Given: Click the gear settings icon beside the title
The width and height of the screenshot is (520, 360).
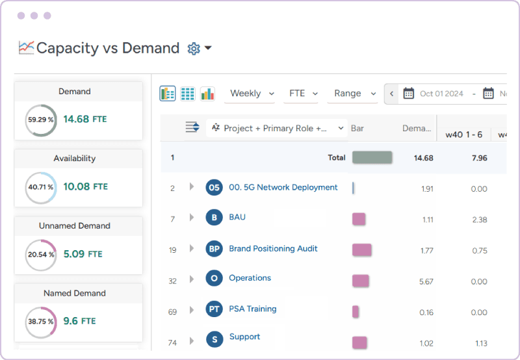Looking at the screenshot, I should click(x=193, y=49).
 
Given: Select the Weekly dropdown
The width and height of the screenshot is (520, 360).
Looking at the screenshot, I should click(x=252, y=94).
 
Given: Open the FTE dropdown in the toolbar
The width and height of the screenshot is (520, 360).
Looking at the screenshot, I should click(x=303, y=94).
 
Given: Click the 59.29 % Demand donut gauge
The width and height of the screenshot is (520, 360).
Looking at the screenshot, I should click(x=41, y=120).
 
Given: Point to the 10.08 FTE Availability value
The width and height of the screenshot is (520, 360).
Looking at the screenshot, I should click(x=85, y=187).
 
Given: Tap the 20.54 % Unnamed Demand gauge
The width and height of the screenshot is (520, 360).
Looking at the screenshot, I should click(x=41, y=255).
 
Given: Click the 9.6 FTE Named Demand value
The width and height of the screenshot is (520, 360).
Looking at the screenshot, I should click(x=79, y=321).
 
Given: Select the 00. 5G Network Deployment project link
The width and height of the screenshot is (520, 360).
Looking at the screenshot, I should click(x=283, y=188).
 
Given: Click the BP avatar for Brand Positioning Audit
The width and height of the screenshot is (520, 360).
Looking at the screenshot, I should click(x=214, y=249).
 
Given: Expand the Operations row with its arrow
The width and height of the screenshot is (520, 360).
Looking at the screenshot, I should click(x=192, y=279).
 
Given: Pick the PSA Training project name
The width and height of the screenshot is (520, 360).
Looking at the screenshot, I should click(x=252, y=309).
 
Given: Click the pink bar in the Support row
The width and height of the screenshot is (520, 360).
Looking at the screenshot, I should click(x=359, y=342).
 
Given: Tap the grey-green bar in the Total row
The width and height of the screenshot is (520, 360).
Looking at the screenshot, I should click(x=372, y=157).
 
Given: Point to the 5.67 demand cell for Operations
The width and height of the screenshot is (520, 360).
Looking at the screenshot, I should click(x=426, y=281).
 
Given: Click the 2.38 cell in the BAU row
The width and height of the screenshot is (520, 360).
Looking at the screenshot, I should click(x=479, y=220).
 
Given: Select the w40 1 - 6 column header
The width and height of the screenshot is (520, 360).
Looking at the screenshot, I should click(x=463, y=135).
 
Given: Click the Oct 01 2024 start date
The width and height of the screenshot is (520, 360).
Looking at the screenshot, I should click(x=441, y=94).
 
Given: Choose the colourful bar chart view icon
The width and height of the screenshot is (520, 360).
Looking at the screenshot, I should click(x=207, y=94).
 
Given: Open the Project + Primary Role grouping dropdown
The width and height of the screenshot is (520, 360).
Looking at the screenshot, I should click(x=277, y=129).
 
